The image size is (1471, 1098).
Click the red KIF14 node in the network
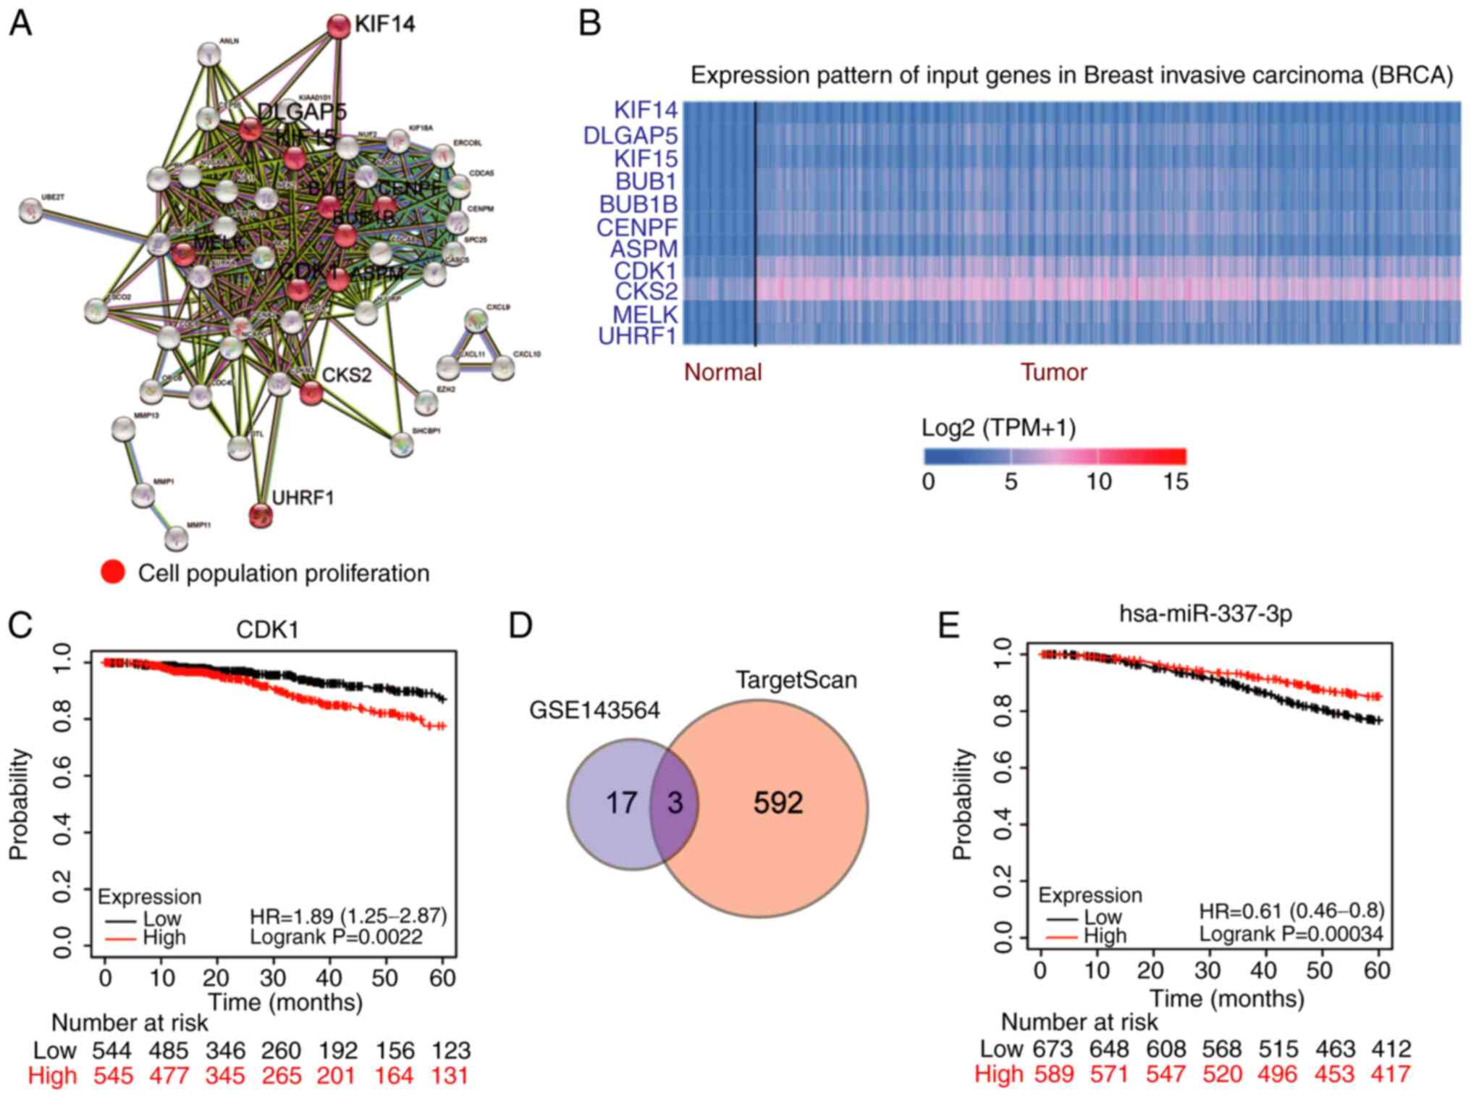coord(338,26)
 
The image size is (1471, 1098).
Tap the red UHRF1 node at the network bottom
coord(261,515)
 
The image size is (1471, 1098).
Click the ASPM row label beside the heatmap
coord(644,249)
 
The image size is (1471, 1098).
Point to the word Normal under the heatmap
coord(722,372)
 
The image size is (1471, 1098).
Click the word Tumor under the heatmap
coord(1053,372)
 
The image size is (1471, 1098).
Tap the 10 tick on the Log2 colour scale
coord(1098,482)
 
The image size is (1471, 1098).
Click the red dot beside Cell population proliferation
coord(113,572)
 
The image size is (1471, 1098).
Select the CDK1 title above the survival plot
coord(268,629)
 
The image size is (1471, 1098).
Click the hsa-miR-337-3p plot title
coord(1205,614)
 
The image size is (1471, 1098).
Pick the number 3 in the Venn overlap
coord(675,802)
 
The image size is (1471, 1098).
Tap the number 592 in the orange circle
coord(778,802)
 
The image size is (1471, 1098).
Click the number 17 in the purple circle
coord(621,802)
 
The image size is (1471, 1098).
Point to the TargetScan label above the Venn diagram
coord(796,680)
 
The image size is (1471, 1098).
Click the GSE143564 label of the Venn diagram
coord(594,711)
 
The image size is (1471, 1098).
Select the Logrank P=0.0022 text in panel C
coord(336,937)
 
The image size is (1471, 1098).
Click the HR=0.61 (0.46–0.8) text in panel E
coord(1291,910)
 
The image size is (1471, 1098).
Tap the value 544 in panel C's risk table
coord(111,1050)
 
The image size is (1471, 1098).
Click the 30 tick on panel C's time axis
coord(273,978)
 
